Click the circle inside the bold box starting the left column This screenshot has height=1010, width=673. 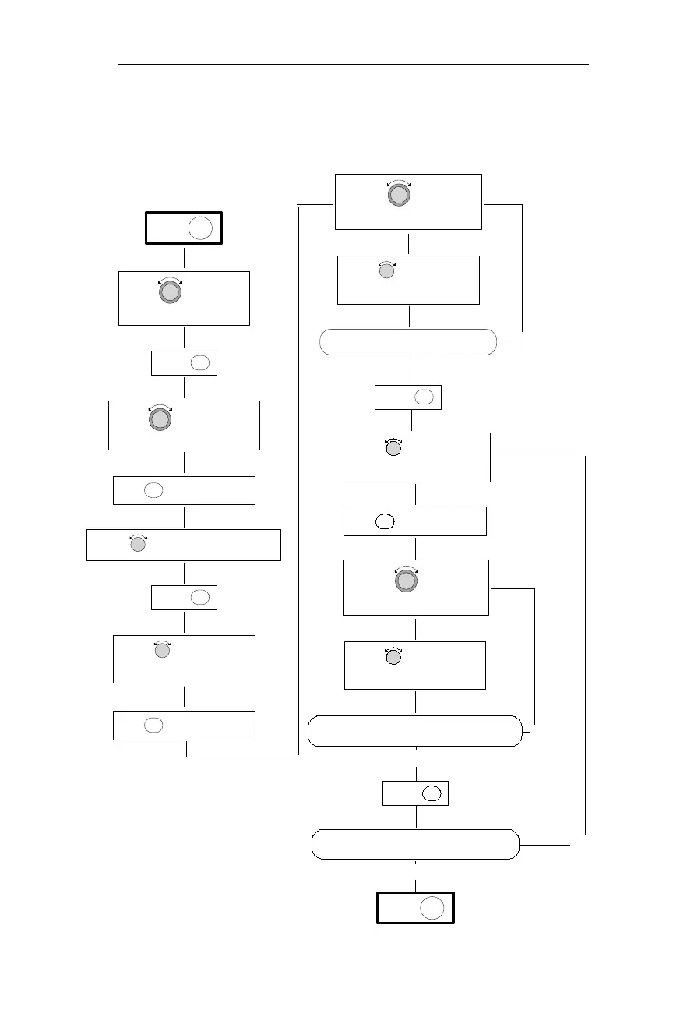pos(200,228)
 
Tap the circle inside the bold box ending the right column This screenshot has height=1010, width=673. pos(432,908)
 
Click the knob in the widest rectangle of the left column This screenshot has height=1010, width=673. pos(138,545)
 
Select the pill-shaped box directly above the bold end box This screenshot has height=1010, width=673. pos(415,845)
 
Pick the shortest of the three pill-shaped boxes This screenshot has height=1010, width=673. pos(408,342)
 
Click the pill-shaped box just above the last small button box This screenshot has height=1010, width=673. pos(415,731)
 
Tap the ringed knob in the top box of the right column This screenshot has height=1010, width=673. pos(398,194)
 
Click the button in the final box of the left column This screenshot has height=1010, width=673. pos(153,725)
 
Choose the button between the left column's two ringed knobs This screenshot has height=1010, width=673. pos(199,363)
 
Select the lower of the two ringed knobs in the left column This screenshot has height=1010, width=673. pos(159,419)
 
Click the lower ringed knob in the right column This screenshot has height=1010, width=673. pos(405,581)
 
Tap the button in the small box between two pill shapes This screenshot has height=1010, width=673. pos(432,794)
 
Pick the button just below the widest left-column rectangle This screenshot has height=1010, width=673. pos(199,598)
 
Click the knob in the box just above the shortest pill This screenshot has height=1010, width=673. pos(386,271)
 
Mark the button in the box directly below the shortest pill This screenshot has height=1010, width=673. pos(424,397)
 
